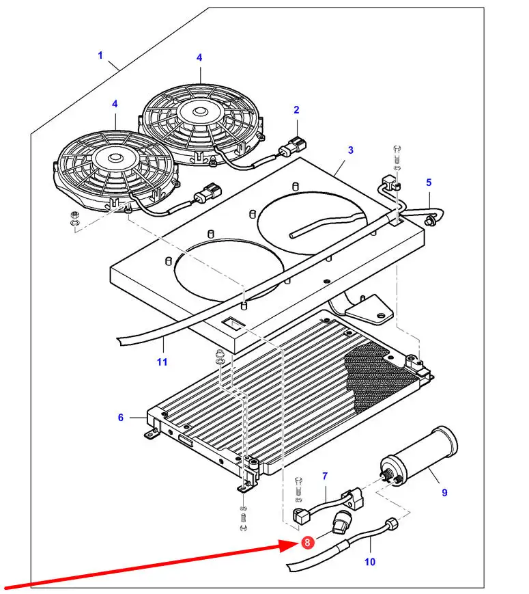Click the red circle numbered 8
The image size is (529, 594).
307,543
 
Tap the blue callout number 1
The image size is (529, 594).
100,55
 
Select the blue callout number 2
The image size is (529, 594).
296,110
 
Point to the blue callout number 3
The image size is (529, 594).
350,150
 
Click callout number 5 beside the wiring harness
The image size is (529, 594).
429,183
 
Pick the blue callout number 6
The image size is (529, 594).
121,418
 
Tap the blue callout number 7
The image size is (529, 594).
325,476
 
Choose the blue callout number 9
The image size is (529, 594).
444,493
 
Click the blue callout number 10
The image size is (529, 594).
370,562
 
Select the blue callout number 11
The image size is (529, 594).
162,362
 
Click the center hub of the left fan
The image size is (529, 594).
114,157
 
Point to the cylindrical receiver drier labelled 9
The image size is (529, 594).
419,456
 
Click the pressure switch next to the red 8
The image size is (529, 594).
342,522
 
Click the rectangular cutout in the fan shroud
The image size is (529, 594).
233,324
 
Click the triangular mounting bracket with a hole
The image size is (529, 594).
369,310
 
